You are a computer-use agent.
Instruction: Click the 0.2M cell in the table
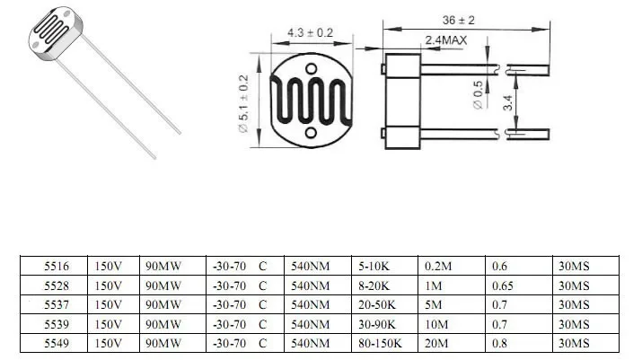437,266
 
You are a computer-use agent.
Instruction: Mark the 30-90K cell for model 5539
377,323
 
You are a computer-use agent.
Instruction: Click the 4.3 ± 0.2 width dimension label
310,32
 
